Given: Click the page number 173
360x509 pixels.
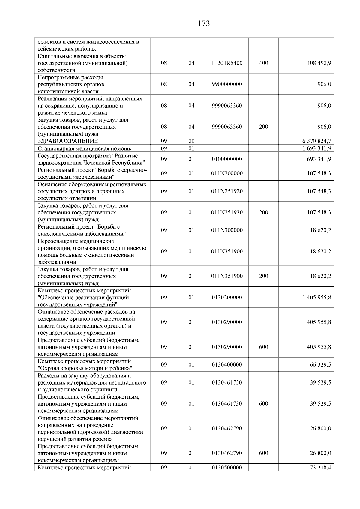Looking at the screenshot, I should [x=204, y=24].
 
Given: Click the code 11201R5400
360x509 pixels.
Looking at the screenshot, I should [x=227, y=63].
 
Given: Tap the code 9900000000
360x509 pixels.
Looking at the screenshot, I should [x=227, y=85].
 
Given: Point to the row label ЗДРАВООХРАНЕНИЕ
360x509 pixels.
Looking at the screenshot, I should [x=68, y=141].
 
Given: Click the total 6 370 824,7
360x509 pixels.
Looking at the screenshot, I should [x=317, y=141].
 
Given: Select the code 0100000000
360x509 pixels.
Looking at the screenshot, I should [x=227, y=159].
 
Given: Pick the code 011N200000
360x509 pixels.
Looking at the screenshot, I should [x=227, y=174].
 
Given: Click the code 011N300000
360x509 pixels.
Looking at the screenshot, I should [x=227, y=230].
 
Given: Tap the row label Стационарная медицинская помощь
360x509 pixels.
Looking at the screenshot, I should [x=84, y=148].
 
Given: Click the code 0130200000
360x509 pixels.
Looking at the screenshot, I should [x=227, y=298].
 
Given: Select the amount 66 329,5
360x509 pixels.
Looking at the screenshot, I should [x=320, y=365].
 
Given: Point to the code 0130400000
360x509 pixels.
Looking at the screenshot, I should [x=227, y=365].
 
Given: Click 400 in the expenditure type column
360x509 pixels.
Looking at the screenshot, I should [x=263, y=63].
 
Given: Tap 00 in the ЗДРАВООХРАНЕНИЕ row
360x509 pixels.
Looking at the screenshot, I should [x=191, y=141].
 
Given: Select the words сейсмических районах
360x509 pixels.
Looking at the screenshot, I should [x=67, y=49].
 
